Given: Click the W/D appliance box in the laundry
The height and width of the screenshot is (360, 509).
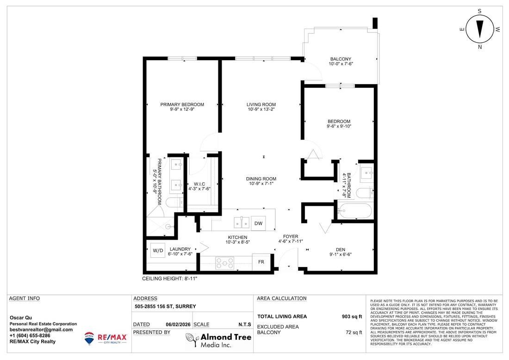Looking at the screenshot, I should (158, 250).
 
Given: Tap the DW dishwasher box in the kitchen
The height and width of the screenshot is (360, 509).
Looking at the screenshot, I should (258, 223).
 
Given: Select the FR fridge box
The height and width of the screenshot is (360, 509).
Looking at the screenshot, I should (261, 261).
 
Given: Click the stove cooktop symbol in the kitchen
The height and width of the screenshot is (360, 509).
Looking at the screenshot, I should (225, 262).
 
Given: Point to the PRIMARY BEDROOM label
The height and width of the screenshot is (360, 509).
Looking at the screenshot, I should (182, 105).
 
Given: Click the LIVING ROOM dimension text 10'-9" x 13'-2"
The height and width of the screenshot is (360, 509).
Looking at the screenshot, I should (261, 110).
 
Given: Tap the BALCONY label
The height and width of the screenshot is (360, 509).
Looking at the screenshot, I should (340, 59).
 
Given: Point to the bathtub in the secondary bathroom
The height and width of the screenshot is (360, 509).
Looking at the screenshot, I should (354, 211).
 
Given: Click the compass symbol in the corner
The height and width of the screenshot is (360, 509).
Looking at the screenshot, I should (479, 29).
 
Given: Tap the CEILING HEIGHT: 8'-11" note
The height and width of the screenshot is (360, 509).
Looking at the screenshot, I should (173, 279).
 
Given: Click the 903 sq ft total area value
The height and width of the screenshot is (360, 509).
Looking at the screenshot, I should (351, 317).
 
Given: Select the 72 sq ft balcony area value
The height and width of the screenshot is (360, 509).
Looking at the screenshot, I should (353, 332).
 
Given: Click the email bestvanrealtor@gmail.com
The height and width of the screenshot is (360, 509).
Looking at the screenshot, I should (41, 329).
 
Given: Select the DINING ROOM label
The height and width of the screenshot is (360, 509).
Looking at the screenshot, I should (261, 179).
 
